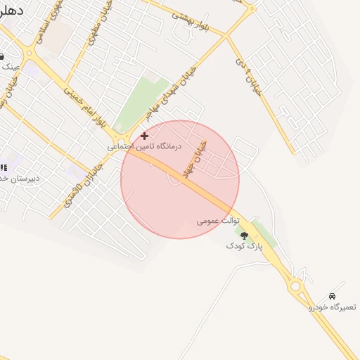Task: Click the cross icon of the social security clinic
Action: pos(145,135)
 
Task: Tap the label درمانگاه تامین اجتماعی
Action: pos(144,146)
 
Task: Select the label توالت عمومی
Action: pos(218,221)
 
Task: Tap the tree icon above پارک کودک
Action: pos(244,236)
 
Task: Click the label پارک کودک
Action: pos(243,246)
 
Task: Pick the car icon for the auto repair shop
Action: pos(332,296)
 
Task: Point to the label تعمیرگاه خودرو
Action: pos(332,307)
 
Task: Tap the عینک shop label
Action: pos(10,66)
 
